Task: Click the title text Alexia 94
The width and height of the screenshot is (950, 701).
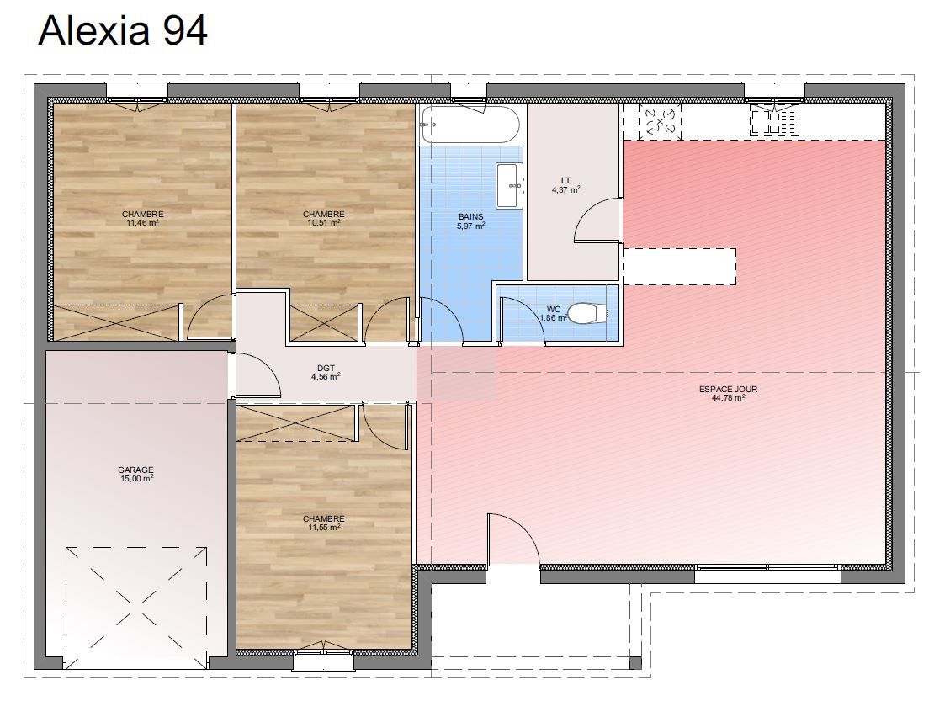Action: point(123,30)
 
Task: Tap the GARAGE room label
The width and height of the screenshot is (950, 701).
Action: point(135,470)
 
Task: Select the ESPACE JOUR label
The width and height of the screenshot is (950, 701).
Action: point(728,389)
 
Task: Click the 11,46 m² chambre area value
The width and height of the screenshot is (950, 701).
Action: point(142,222)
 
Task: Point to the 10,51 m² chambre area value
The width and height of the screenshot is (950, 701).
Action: point(323,222)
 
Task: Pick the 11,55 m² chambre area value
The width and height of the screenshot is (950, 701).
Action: point(323,527)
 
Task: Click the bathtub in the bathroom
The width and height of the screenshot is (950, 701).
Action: point(470,125)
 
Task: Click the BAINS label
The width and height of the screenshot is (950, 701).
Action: point(470,216)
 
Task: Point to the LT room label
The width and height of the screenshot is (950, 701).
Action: point(565,180)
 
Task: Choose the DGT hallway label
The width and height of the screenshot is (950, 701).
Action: point(326,368)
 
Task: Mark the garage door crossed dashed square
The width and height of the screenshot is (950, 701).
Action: point(136,606)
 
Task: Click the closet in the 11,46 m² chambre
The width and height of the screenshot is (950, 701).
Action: point(118,322)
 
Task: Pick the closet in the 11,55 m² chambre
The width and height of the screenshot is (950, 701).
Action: point(296,423)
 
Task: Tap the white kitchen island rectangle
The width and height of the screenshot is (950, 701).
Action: point(679,267)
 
